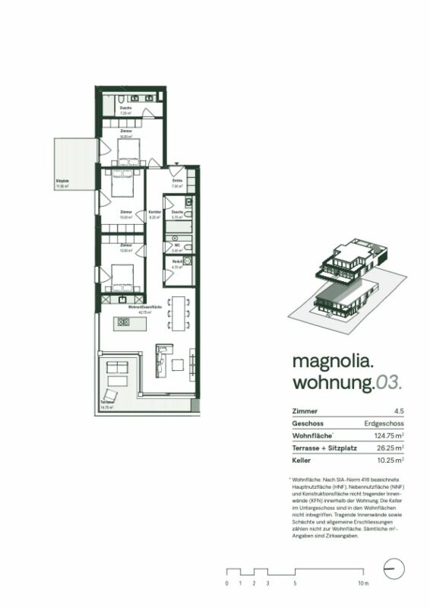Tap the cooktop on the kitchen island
click(123, 322)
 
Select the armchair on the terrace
click(111, 396)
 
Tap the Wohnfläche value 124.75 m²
click(384, 436)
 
